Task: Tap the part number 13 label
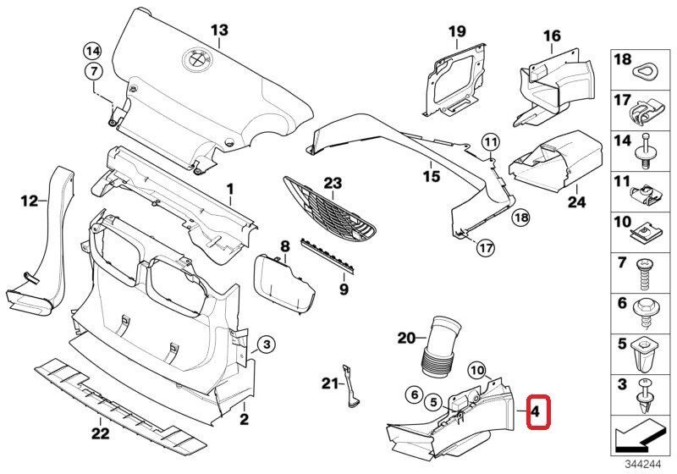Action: (x=219, y=31)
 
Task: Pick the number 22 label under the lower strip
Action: (x=101, y=434)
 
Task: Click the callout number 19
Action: (x=457, y=32)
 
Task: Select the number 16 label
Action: (x=552, y=36)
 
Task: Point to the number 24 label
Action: (x=577, y=203)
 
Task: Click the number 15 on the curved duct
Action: (x=432, y=176)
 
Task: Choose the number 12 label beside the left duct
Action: (x=30, y=201)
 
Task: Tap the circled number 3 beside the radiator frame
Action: (x=265, y=344)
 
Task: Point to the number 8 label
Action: (x=285, y=245)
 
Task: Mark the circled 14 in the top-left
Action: (x=91, y=48)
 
